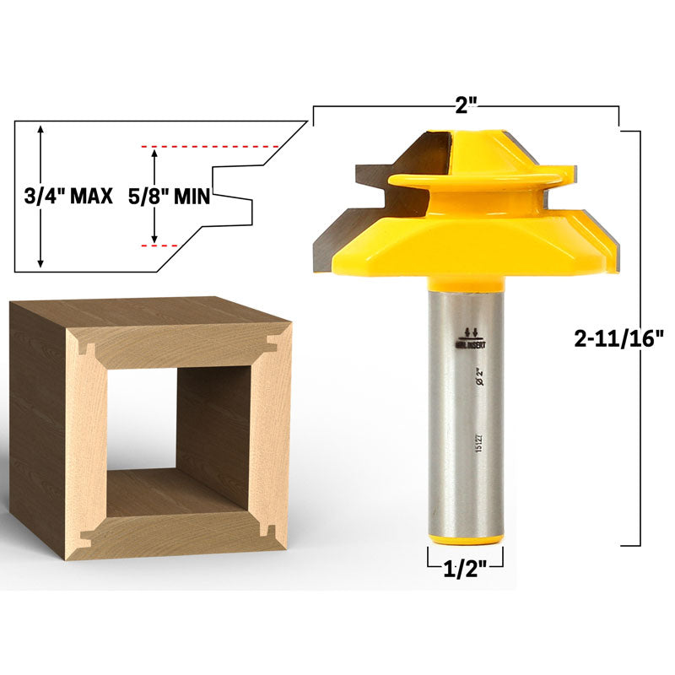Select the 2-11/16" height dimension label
pyautogui.click(x=618, y=337)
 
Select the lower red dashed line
pyautogui.click(x=159, y=245)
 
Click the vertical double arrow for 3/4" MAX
pyautogui.click(x=39, y=197)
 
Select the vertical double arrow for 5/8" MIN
pyautogui.click(x=154, y=196)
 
